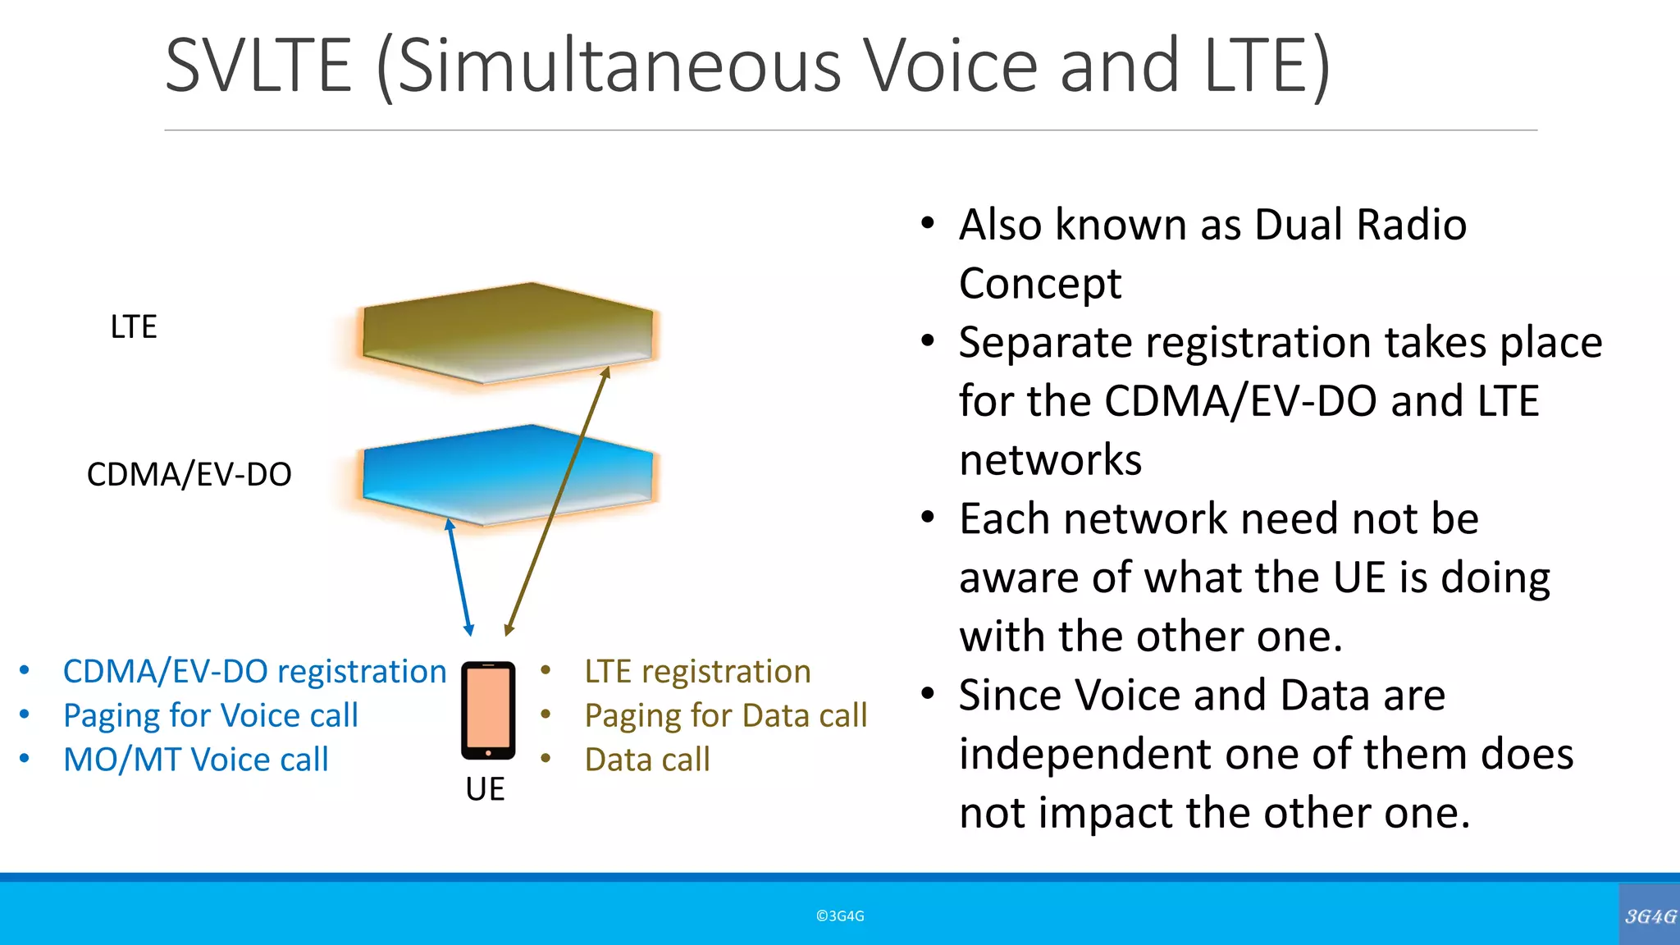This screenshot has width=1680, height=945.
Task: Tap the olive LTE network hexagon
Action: pos(509,332)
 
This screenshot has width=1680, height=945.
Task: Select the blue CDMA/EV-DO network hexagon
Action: pos(509,474)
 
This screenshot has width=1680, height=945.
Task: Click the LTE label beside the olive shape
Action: pos(134,327)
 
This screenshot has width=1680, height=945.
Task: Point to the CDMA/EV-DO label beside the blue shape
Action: pos(189,475)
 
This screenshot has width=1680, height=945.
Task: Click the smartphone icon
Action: pos(488,710)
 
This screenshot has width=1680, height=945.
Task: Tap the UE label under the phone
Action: pos(485,789)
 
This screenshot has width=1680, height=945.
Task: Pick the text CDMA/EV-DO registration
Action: pos(254,672)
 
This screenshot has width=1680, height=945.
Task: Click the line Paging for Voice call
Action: pos(211,716)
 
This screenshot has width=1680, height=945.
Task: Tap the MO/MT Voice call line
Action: pos(196,760)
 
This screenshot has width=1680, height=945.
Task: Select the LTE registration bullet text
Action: pos(697,672)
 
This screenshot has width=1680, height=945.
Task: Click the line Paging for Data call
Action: pos(726,716)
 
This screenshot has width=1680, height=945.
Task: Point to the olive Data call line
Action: pos(647,760)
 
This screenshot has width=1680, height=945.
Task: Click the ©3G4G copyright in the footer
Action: pos(840,916)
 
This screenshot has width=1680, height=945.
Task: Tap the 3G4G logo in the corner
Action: pos(1650,916)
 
